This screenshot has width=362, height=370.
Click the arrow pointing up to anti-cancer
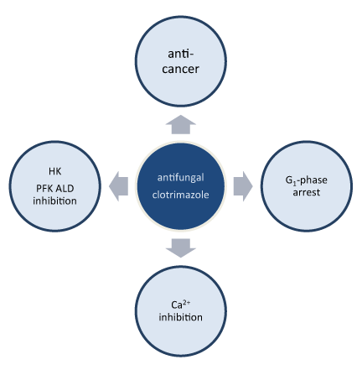point(181,125)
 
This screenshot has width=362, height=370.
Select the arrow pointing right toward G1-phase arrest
point(243,186)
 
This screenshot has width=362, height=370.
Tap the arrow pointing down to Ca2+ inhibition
point(181,248)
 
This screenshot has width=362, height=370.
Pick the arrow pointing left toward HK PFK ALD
point(118,186)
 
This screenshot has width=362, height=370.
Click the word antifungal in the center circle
point(180,178)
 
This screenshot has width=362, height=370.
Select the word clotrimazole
point(180,195)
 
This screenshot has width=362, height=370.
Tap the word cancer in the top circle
point(180,70)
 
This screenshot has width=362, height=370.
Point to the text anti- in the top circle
point(180,54)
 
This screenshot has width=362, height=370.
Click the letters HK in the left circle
point(55,171)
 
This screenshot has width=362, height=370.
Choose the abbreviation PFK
point(44,189)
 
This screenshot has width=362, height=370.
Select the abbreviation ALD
point(65,189)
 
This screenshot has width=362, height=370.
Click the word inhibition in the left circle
point(54,201)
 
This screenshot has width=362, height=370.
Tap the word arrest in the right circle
point(307,193)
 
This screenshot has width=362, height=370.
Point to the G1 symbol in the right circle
point(291,180)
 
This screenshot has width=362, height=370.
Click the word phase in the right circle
point(313,180)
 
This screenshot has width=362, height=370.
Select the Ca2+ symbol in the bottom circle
point(181,305)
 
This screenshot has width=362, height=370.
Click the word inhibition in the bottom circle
point(181,317)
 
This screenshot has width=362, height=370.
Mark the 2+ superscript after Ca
point(187,302)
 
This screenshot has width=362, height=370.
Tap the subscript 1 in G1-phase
point(294,183)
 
